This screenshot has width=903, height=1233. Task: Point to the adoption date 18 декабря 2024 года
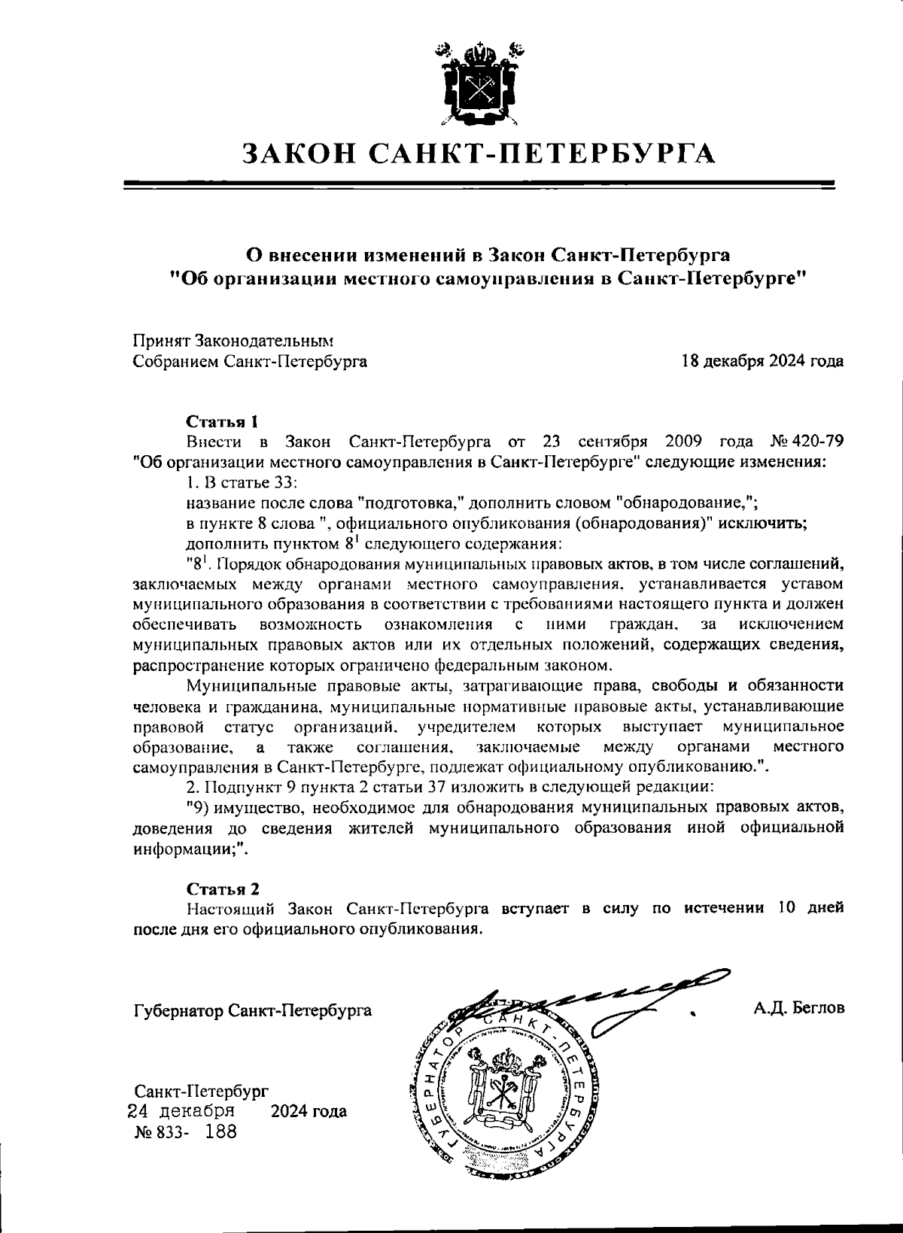pos(762,361)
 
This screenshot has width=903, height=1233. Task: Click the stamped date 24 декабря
pos(181,1110)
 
